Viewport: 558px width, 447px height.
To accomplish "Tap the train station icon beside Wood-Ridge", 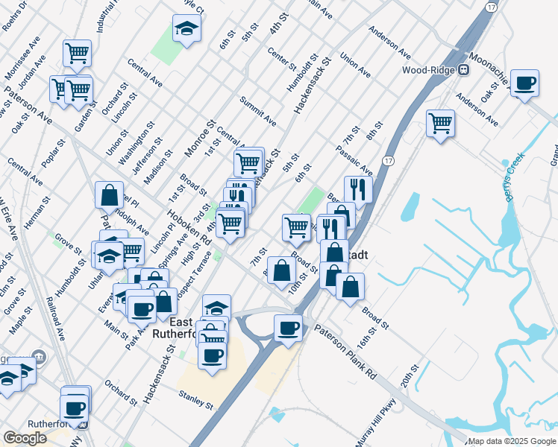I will coord(463,70).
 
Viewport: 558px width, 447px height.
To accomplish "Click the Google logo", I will coord(25,438).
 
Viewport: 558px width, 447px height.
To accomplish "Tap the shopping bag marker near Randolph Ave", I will coord(110,195).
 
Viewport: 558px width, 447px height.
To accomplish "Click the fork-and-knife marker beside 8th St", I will coord(359,189).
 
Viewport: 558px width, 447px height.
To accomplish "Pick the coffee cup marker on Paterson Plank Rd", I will coord(288,327).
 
